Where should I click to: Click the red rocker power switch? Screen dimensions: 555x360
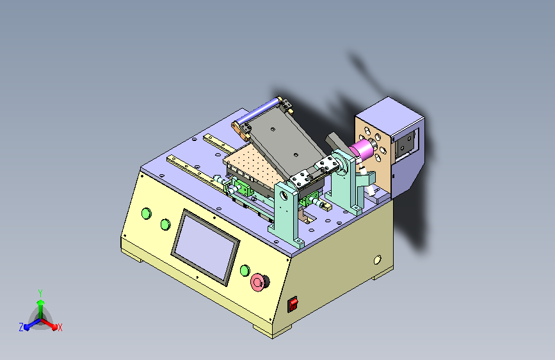(293, 304)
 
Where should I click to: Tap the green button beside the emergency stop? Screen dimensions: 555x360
(245, 271)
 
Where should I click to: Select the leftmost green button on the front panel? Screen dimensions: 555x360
(146, 214)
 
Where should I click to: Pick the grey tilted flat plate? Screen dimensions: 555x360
(286, 144)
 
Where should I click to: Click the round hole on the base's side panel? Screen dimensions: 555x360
(377, 259)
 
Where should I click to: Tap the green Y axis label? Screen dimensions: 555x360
(40, 293)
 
